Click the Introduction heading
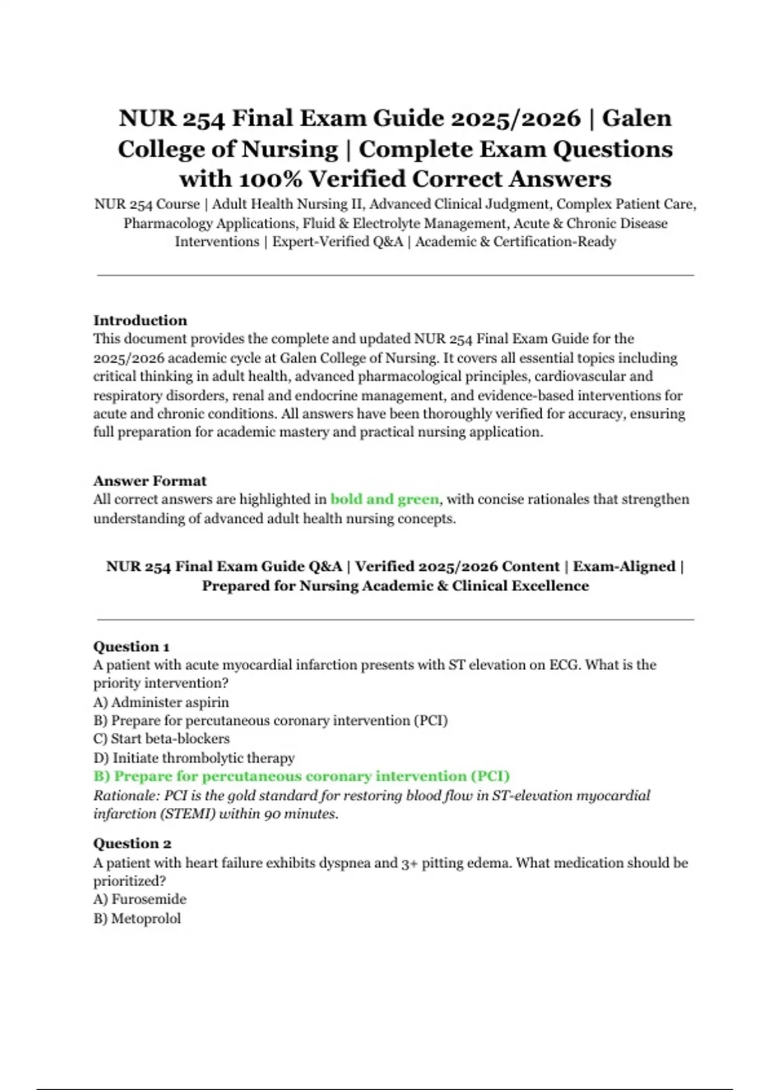[140, 321]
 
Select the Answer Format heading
[150, 481]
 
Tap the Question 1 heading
[131, 646]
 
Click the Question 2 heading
[132, 844]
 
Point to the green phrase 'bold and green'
[384, 499]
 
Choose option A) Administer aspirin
[161, 702]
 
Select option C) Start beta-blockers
[161, 739]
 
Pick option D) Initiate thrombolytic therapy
[194, 758]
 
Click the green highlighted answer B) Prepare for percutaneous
[302, 776]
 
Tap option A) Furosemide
[140, 900]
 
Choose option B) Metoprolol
[137, 919]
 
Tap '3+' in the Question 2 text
[409, 863]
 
